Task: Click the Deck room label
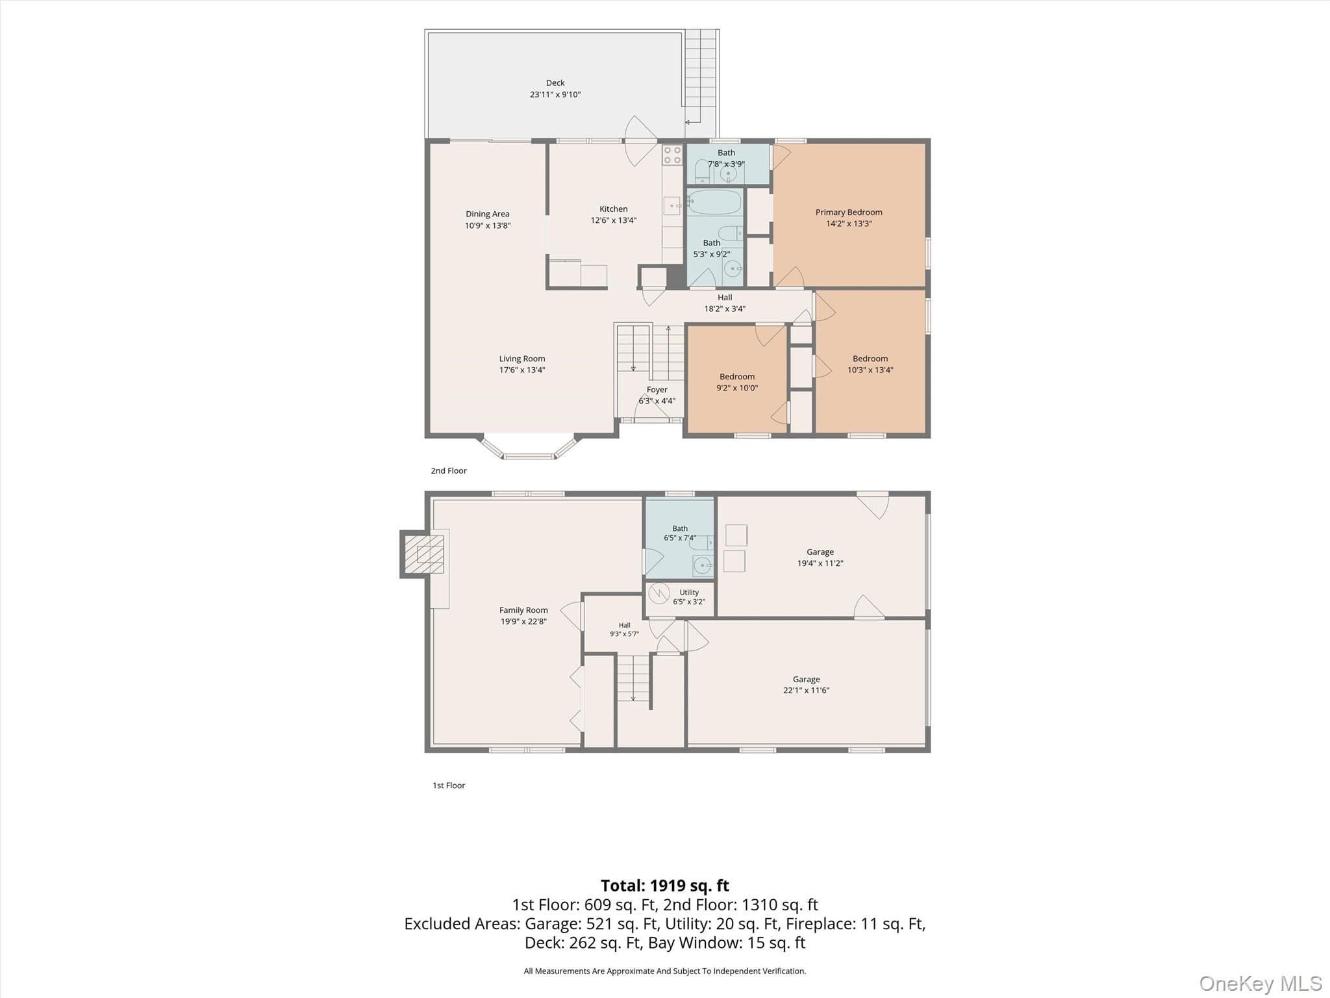click(555, 83)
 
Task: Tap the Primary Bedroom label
click(849, 212)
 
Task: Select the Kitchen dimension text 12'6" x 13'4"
click(614, 220)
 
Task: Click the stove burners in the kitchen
click(672, 155)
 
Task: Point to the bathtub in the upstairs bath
click(714, 202)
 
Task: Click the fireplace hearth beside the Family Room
click(424, 554)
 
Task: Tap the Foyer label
click(657, 390)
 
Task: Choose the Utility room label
click(689, 593)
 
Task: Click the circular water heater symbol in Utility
click(659, 593)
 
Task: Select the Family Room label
click(523, 610)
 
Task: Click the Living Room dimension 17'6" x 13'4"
click(522, 370)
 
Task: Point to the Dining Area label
click(488, 214)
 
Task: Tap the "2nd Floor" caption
click(449, 470)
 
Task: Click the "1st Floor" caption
click(449, 786)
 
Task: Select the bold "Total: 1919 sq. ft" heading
click(665, 886)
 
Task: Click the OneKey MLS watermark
click(1261, 984)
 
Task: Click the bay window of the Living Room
click(529, 448)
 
